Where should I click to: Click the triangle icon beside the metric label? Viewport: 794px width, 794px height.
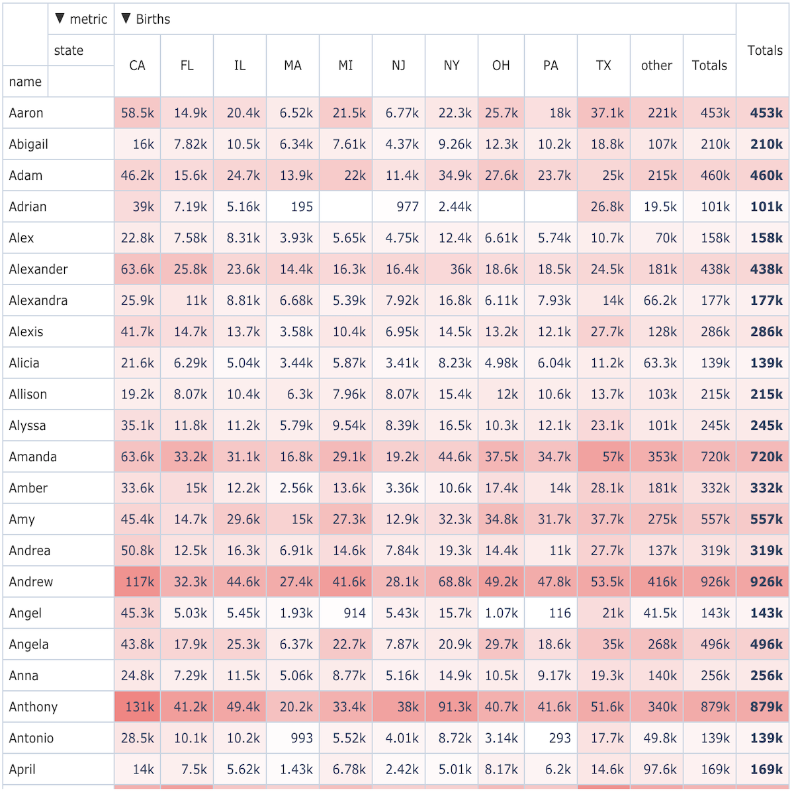(60, 19)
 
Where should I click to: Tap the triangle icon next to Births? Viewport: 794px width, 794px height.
(126, 19)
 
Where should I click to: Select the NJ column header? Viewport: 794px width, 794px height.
(398, 66)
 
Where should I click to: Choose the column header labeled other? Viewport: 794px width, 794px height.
(656, 66)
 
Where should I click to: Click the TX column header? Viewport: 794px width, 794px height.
(603, 66)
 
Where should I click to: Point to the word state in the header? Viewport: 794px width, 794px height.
(69, 50)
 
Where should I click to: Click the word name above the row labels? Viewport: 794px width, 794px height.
(25, 81)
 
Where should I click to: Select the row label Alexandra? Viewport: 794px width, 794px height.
(38, 300)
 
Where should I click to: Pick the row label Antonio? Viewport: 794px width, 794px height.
(31, 738)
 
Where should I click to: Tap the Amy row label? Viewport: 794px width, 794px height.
(22, 519)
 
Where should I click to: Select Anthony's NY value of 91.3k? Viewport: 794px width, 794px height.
(455, 707)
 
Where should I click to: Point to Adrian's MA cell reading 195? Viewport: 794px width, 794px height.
(302, 206)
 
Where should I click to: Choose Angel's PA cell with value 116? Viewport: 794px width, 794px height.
(560, 613)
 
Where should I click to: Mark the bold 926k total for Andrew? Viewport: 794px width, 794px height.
(766, 582)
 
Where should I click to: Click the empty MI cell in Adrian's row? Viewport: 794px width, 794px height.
(345, 206)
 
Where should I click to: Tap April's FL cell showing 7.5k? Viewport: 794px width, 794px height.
(194, 770)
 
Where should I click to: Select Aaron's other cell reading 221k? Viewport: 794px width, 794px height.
(662, 112)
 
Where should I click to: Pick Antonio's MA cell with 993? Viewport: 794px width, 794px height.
(302, 738)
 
